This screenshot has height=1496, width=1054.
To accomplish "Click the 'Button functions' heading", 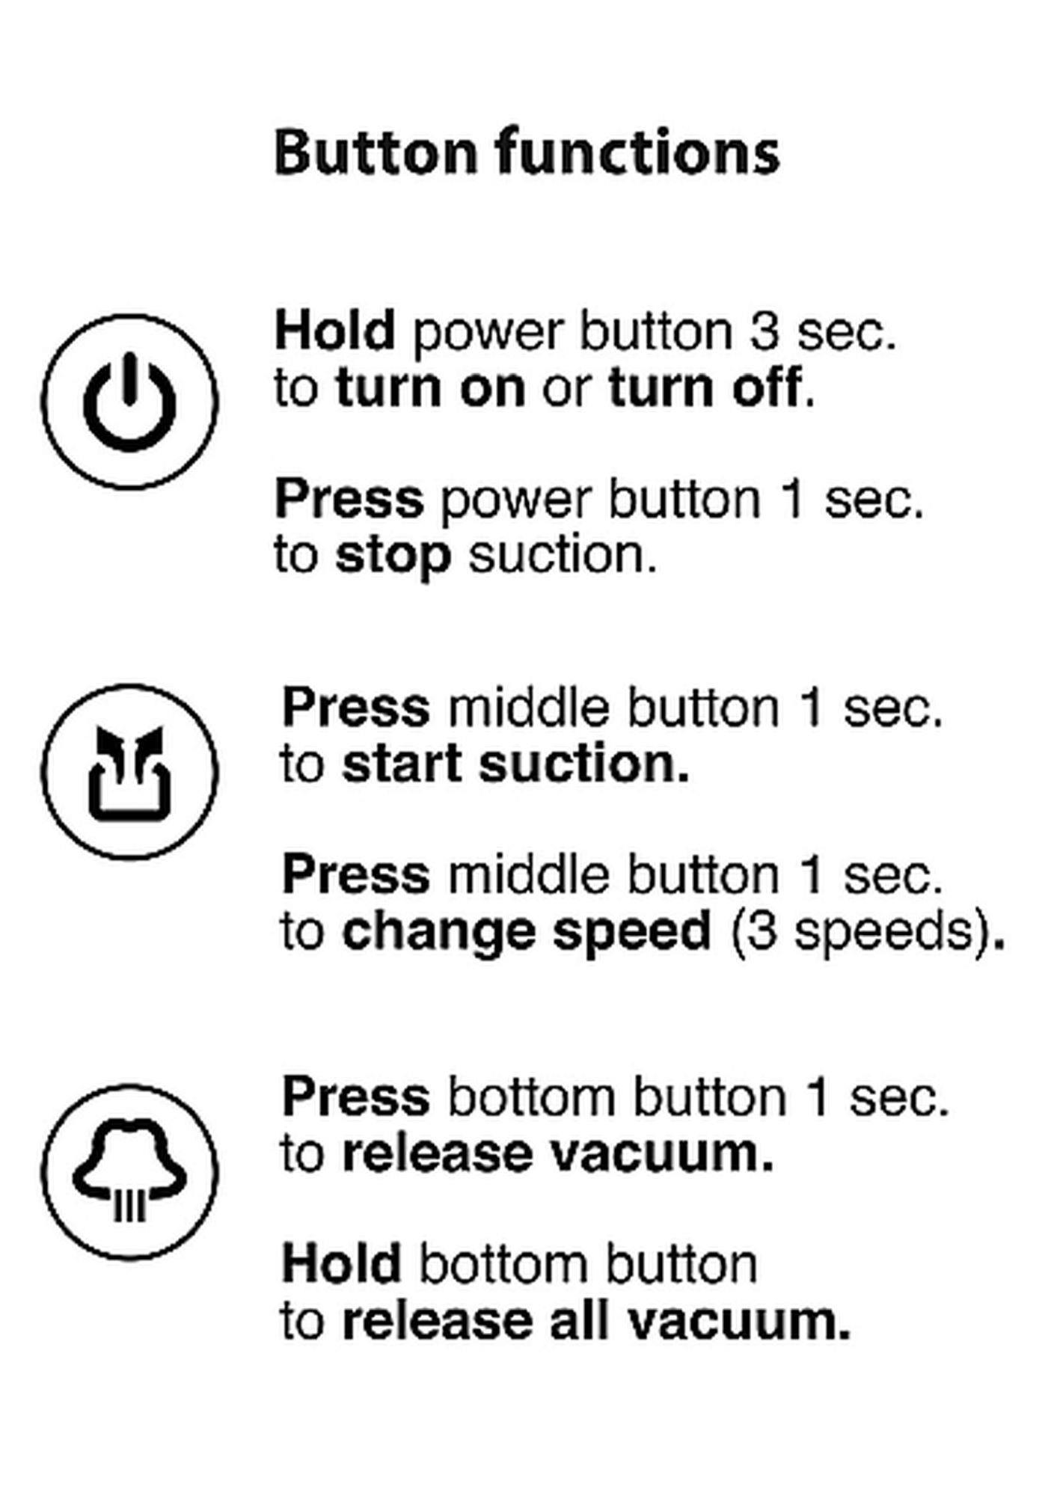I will pos(527,153).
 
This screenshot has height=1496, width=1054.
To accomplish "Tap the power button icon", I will pos(129,402).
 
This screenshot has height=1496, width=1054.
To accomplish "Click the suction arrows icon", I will pos(129,771).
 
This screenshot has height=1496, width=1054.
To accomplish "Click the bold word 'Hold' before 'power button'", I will pos(334,330).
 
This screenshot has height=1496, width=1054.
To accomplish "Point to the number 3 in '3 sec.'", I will pos(765,330).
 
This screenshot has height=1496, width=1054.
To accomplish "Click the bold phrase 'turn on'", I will pos(430,387).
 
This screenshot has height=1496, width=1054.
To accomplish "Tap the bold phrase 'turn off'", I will pos(705,387).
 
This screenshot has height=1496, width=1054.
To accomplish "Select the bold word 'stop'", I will pos(393,555).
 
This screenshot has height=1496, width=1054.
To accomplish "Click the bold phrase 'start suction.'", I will pos(515,764).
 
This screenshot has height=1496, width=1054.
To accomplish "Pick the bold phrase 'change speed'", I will pos(526,931).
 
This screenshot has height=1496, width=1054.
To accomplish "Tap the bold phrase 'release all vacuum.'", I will pos(595,1321).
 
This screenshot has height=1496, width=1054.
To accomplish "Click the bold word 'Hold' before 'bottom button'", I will pos(341,1264).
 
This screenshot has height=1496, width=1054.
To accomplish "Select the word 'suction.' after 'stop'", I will pos(563,555).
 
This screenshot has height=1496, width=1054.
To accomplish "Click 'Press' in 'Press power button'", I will pos(349,498).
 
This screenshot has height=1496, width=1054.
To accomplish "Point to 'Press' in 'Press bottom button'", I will pos(355,1097).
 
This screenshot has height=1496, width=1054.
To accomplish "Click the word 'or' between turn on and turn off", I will pos(566,388).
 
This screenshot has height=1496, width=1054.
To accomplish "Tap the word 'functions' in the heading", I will pos(637,153).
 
